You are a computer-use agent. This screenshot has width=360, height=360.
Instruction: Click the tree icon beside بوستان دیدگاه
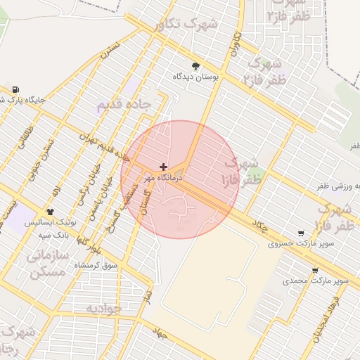click(x=195, y=65)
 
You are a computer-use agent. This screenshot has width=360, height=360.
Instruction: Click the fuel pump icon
click(x=15, y=89)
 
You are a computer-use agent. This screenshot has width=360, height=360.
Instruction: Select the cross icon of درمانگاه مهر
click(x=163, y=167)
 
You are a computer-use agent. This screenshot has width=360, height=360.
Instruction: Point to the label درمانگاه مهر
click(x=164, y=179)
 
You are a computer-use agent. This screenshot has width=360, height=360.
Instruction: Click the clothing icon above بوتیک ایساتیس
click(x=50, y=211)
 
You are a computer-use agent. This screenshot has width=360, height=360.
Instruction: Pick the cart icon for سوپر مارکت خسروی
click(x=301, y=234)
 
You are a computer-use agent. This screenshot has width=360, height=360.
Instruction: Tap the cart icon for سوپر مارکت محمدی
click(x=314, y=271)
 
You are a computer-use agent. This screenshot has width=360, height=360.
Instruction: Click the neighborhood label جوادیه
click(x=104, y=308)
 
